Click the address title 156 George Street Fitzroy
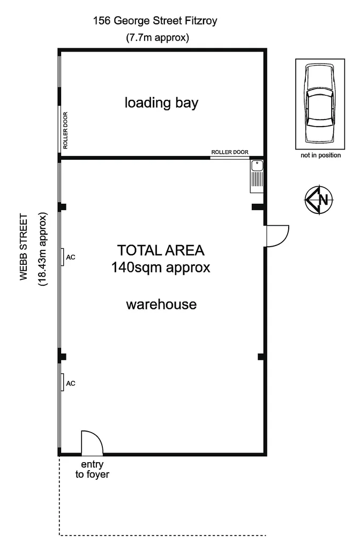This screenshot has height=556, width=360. tap(155, 21)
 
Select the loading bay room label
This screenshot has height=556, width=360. tap(161, 102)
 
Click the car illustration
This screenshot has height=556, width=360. tap(318, 103)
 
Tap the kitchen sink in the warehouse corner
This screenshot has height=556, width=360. tap(257, 176)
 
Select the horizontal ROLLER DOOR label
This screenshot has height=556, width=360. tap(230, 152)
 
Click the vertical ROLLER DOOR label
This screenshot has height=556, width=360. tap(65, 130)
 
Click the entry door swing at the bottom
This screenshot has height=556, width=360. tap(91, 442)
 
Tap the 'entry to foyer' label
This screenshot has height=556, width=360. tap(92, 469)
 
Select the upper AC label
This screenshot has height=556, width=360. tap(70, 257)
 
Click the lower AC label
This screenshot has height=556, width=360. tap(70, 383)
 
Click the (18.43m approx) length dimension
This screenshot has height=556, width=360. tap(42, 249)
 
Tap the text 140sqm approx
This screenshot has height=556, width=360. tap(161, 267)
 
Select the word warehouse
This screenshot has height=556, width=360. tap(161, 305)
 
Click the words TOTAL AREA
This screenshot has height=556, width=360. tap(161, 250)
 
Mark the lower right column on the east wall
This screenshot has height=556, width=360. tap(261, 357)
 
